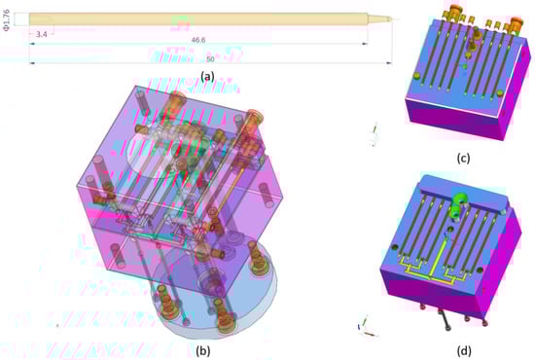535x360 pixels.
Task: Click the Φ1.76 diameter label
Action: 7,20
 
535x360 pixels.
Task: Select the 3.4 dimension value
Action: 41,34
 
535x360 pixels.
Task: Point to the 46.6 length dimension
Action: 197,40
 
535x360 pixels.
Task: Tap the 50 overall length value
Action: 210,59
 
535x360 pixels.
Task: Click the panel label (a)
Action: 207,76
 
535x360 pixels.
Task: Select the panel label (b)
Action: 203,350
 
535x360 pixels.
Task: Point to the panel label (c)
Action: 463,158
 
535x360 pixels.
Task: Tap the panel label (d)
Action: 464,350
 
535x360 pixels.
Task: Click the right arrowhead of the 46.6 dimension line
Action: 366,44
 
